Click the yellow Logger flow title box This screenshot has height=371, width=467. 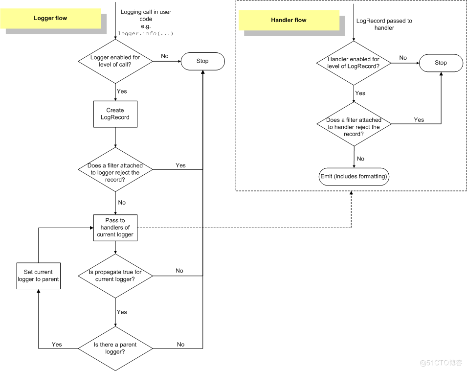(50, 19)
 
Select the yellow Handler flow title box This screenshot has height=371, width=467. (289, 20)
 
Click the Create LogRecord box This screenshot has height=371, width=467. (115, 114)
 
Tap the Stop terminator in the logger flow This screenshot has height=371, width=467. (202, 61)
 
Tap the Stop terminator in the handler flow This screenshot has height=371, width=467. (441, 63)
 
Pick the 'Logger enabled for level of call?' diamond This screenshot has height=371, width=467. (115, 61)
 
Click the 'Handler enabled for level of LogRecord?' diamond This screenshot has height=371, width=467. (353, 63)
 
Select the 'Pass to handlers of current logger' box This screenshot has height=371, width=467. (115, 228)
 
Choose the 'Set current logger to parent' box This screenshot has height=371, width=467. (38, 276)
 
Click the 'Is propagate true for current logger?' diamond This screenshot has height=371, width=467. (115, 276)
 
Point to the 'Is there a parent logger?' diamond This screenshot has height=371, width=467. (115, 348)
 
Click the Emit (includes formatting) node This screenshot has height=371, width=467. (354, 176)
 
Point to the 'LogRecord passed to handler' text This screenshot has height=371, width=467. (384, 24)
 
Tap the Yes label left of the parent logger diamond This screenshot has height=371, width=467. (57, 345)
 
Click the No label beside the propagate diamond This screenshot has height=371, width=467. (179, 271)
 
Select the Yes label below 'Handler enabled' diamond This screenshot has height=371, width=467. (360, 93)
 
